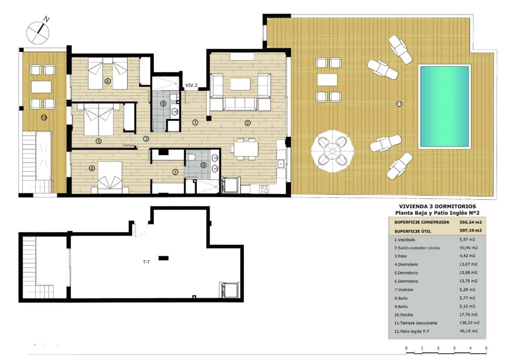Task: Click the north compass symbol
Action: tap(38, 31)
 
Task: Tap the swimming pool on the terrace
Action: tap(444, 107)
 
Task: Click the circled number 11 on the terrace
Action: tap(399, 103)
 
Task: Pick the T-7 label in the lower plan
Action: tap(146, 262)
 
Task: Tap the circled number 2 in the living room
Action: tap(248, 123)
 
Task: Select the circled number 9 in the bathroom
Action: tap(163, 103)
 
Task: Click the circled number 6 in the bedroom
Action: tap(92, 168)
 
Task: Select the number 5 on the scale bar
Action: tap(486, 348)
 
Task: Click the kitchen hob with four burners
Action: tap(264, 188)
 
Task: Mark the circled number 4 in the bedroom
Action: tap(108, 81)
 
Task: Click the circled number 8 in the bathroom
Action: tap(203, 165)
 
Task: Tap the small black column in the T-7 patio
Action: tap(163, 258)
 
